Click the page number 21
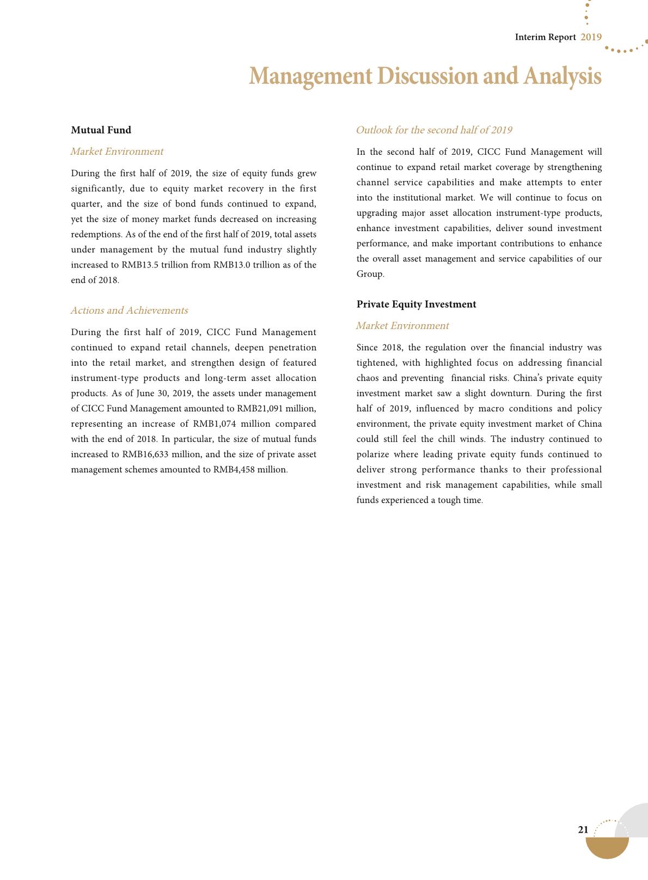coord(583,830)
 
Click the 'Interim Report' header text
coord(545,37)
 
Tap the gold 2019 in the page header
coord(591,37)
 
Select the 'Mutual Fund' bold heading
coord(101,130)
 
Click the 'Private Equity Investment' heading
coord(416,304)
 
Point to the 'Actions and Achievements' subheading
coord(129,311)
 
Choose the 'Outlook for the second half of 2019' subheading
coord(433,130)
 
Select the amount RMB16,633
coord(145,454)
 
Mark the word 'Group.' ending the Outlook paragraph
coord(370,274)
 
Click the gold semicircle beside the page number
coord(607,847)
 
